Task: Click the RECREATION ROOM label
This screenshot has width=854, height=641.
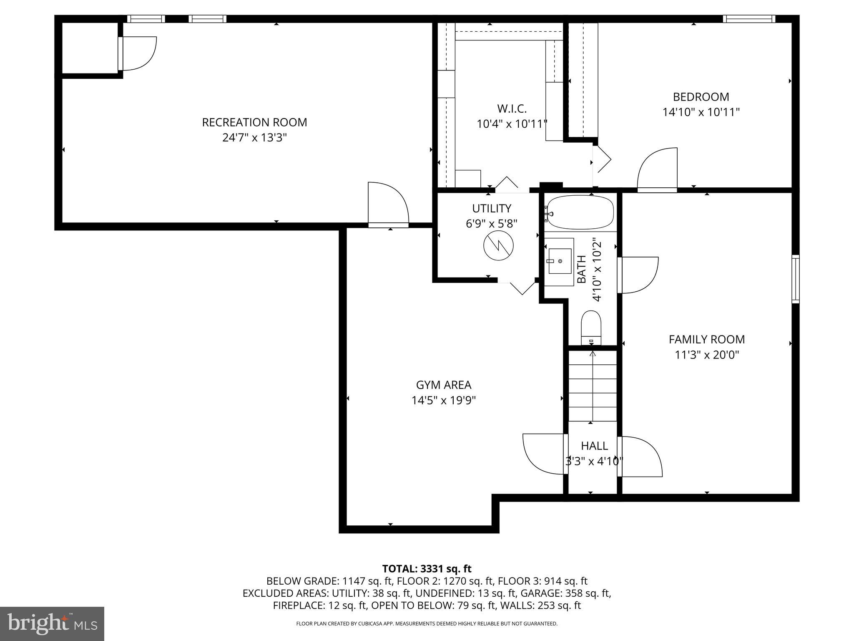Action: coord(254,122)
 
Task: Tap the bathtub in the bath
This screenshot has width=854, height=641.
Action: coord(580,212)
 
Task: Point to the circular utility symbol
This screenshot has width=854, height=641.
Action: coord(498,246)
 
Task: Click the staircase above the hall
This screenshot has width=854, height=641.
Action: coord(593,386)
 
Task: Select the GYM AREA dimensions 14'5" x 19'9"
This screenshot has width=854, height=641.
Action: coord(444,401)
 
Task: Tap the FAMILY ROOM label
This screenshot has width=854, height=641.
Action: coord(707,339)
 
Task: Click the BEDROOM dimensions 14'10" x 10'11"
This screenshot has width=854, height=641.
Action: coord(701,112)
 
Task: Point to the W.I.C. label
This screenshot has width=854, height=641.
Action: coord(512,109)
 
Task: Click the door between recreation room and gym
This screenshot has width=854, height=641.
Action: coord(388,207)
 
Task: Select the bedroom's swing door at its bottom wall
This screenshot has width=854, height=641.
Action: coord(657,171)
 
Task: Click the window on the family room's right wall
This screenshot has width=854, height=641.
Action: coord(796,279)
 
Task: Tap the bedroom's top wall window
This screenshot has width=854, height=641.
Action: coord(749,19)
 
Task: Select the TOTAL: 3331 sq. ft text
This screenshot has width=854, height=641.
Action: coord(427,569)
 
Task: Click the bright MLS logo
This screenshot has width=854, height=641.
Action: coord(52,623)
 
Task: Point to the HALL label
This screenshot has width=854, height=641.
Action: coord(594,446)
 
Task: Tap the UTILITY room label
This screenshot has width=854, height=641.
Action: coord(492,208)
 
